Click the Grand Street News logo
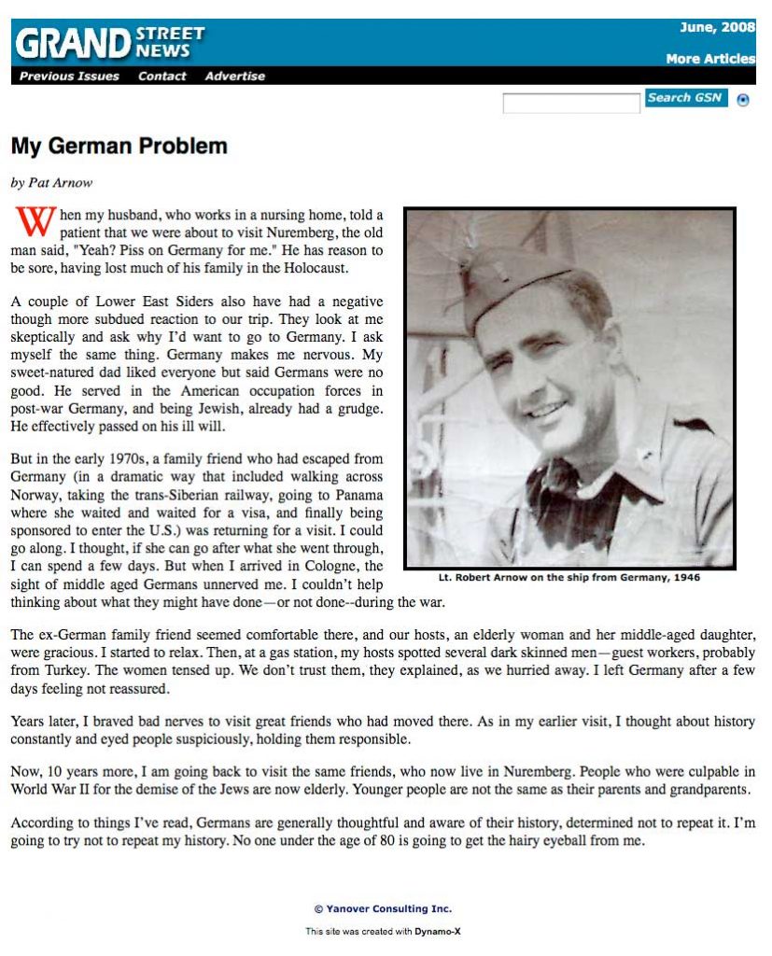pos(108,42)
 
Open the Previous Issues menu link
pos(69,77)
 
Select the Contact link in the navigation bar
pos(161,77)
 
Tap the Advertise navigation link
pos(234,77)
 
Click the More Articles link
pos(709,59)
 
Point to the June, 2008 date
pos(717,27)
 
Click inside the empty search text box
pos(570,103)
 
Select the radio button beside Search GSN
pos(743,100)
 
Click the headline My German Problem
pos(119,147)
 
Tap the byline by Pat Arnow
pos(51,183)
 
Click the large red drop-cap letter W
pos(32,222)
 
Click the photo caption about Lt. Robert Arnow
pos(568,577)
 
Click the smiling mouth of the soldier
pos(550,411)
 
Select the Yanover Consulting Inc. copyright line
pos(383,908)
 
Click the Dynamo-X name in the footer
pos(438,931)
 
